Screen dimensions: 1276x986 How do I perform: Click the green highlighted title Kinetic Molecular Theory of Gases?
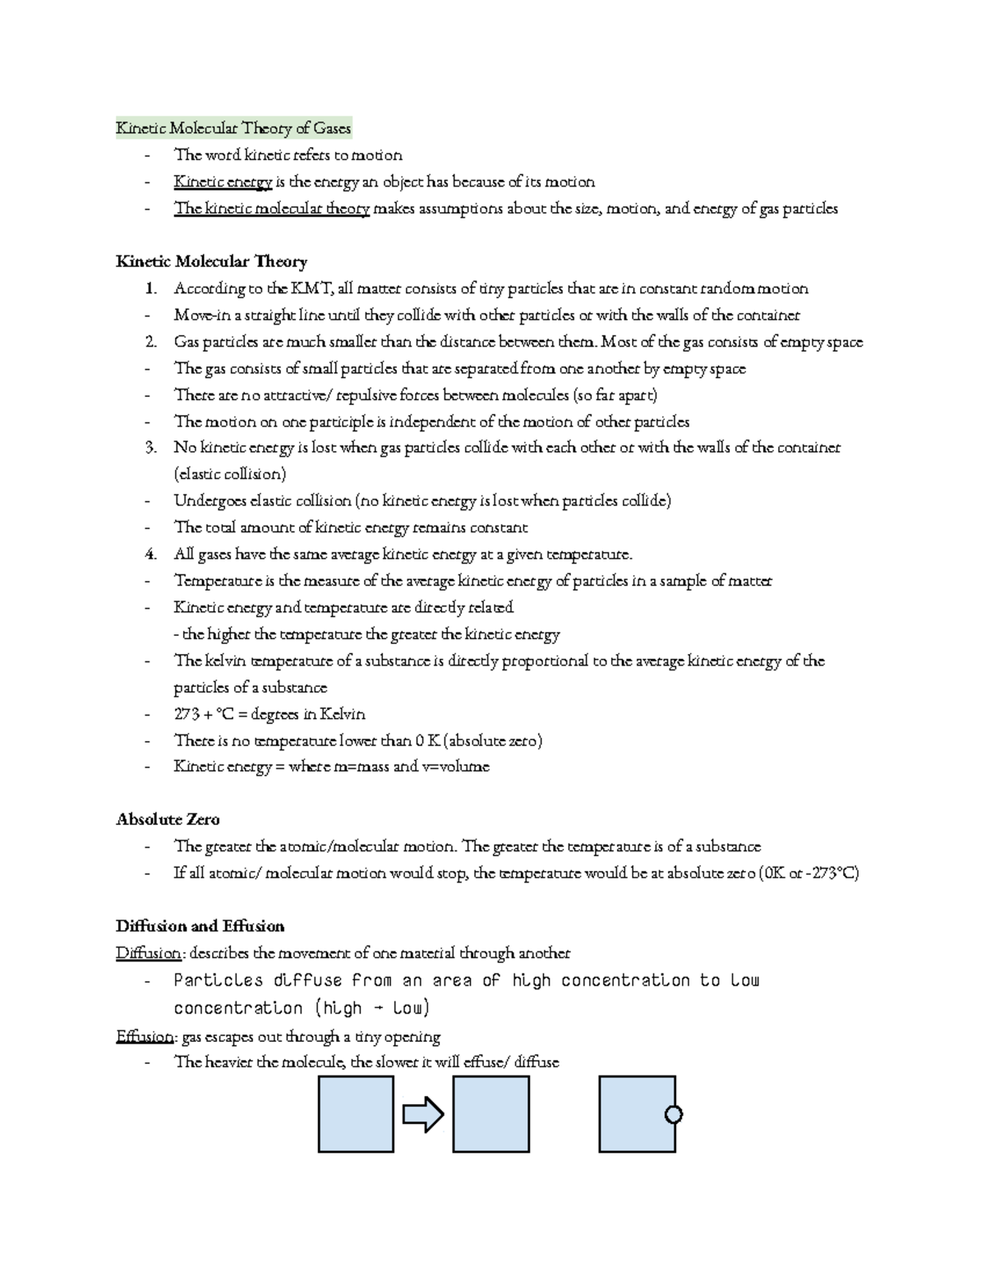tap(233, 128)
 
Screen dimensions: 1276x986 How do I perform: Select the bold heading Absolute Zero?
tap(168, 819)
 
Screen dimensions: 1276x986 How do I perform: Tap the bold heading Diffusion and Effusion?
tap(200, 926)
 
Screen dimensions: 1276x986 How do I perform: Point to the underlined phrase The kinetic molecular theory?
tap(272, 209)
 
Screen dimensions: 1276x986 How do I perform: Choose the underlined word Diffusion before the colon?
tap(148, 953)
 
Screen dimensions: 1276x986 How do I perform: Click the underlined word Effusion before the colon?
tap(145, 1037)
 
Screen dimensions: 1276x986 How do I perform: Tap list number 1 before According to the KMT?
tap(149, 288)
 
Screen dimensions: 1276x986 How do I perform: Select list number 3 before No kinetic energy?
tap(150, 448)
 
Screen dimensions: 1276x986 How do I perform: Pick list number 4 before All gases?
tap(150, 555)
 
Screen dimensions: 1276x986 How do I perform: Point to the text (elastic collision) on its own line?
tap(230, 474)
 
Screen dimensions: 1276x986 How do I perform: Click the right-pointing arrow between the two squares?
tap(423, 1115)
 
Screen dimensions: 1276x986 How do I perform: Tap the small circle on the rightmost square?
tap(674, 1114)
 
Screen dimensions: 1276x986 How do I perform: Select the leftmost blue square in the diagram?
tap(356, 1114)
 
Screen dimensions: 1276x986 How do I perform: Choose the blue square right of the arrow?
tap(491, 1114)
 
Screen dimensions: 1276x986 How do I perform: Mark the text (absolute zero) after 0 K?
tap(493, 741)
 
